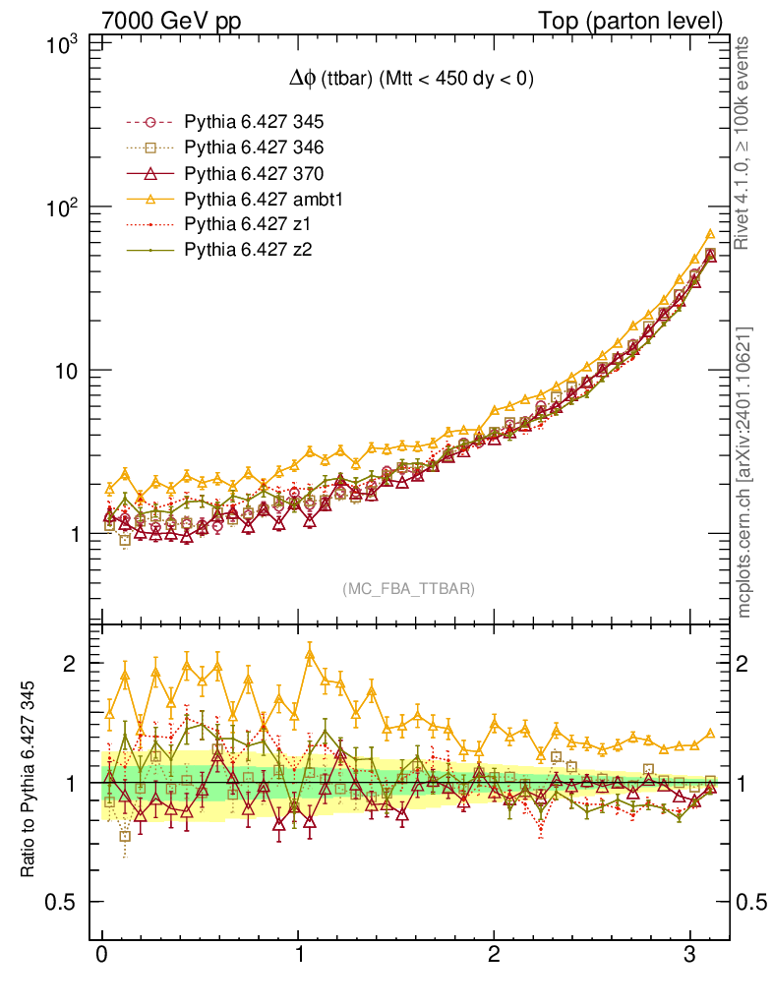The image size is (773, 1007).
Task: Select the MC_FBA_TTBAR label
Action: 409,589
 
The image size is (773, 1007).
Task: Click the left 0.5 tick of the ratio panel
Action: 67,903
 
